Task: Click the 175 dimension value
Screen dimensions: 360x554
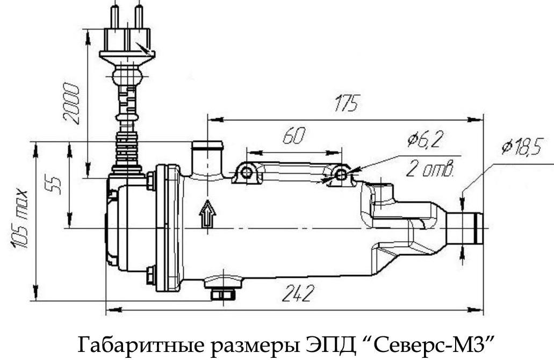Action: tap(344, 104)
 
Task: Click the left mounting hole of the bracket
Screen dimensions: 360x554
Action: tap(247, 173)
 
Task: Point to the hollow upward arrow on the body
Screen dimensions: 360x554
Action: tap(207, 215)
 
